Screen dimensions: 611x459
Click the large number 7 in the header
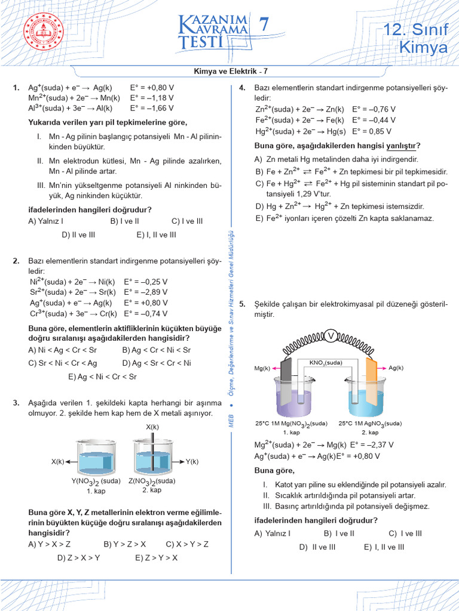point(264,25)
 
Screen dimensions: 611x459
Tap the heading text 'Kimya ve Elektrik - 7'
point(230,72)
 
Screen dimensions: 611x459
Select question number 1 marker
point(16,87)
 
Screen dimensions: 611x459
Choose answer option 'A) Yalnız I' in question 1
point(46,220)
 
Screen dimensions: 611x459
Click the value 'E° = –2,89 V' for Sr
point(146,292)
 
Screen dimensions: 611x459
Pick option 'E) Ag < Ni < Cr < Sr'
point(102,377)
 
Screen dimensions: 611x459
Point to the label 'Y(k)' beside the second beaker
point(192,461)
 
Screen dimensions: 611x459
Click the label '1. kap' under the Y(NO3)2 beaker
point(96,491)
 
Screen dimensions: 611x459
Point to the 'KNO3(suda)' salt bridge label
point(326,362)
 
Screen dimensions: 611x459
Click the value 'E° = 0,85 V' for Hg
point(374,131)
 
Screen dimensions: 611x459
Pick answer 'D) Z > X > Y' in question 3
point(78,558)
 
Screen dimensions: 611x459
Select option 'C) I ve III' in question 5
point(405,533)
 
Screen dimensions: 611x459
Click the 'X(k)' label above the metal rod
point(152,427)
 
